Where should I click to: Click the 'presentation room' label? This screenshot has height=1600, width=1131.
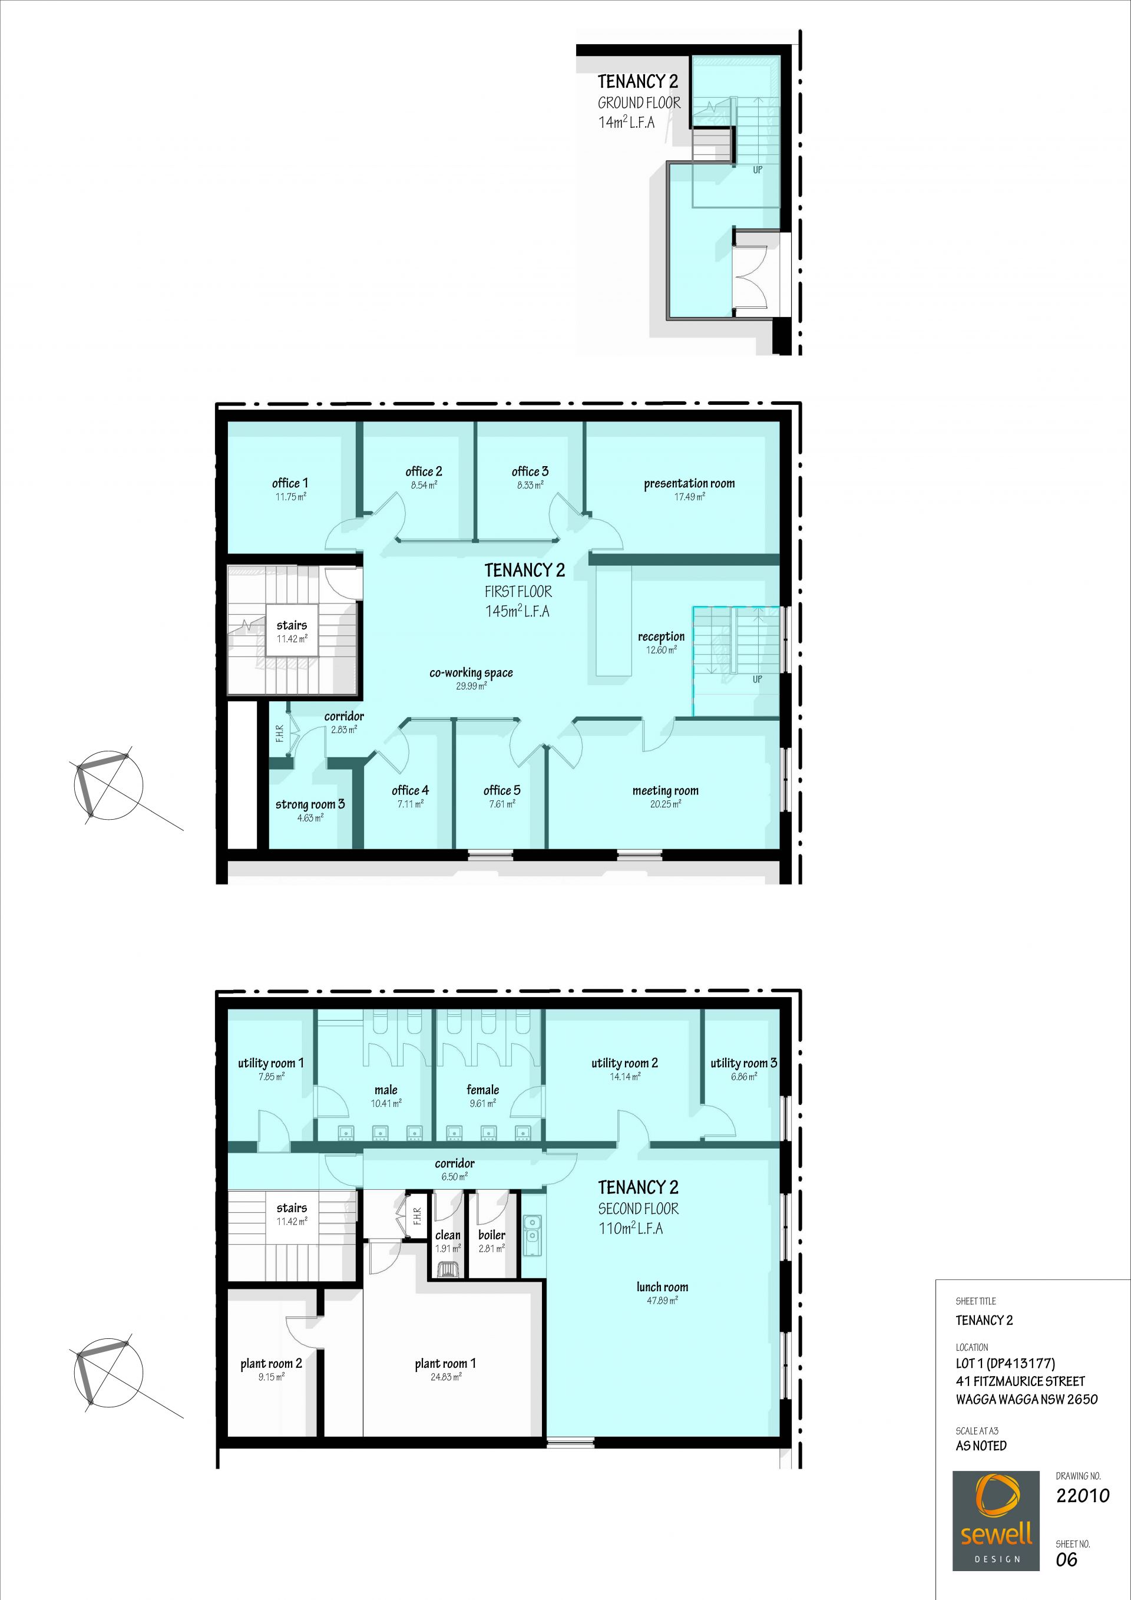[689, 484]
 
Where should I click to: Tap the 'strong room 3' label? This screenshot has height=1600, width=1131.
[310, 804]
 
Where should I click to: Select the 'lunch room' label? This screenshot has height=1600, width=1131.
[662, 1287]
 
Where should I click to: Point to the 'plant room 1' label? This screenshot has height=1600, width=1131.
[445, 1364]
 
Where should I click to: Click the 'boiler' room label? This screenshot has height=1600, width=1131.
[492, 1235]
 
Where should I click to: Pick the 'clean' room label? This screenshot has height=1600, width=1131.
[448, 1236]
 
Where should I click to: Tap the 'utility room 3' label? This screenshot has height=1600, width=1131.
[743, 1063]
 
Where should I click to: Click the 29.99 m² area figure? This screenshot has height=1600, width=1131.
[471, 687]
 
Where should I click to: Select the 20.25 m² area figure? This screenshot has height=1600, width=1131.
[665, 804]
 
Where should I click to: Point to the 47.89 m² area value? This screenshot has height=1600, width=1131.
[662, 1301]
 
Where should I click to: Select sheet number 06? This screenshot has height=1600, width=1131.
[1066, 1559]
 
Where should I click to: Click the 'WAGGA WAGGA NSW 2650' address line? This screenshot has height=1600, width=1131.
[1027, 1399]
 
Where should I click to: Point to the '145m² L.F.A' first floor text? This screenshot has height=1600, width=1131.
[517, 611]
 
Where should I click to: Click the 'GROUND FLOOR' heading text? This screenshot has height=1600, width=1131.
[639, 103]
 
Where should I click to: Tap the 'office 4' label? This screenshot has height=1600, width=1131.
[410, 790]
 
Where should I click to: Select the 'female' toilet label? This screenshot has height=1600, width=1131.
[482, 1090]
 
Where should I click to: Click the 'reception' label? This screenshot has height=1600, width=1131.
[661, 637]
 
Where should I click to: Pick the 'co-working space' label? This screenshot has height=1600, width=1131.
[471, 673]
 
